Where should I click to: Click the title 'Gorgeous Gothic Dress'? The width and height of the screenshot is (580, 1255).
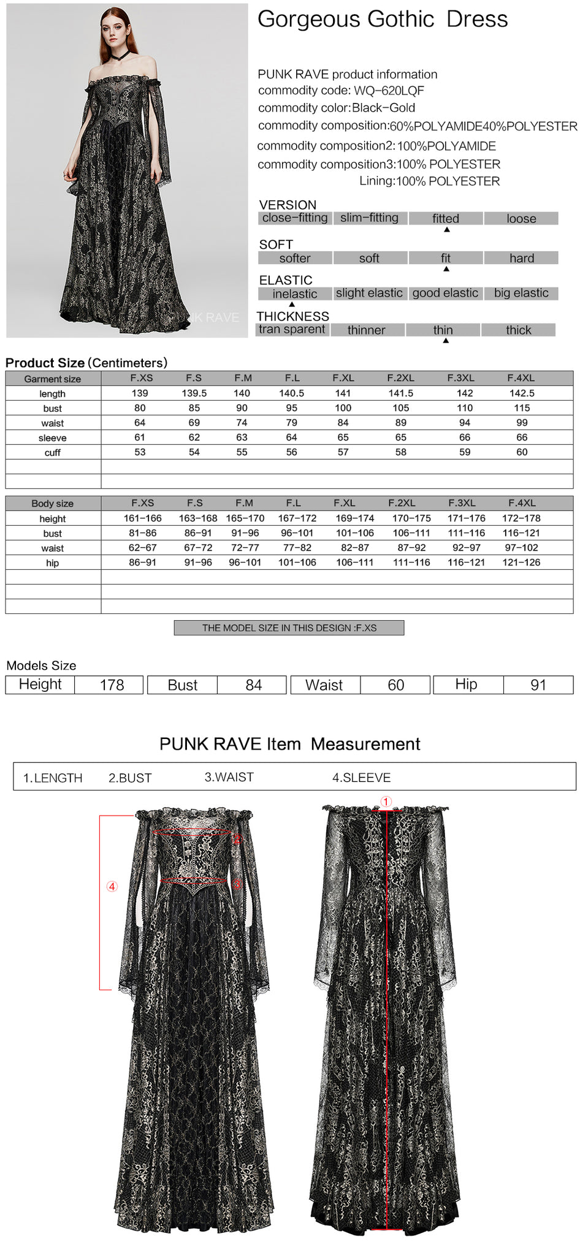(x=382, y=20)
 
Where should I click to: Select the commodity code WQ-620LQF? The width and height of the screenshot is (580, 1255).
(x=389, y=91)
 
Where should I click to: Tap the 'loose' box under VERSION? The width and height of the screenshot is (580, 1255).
(x=521, y=219)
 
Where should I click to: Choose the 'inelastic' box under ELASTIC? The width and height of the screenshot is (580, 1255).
(x=294, y=294)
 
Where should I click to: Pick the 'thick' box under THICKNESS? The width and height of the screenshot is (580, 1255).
(x=518, y=330)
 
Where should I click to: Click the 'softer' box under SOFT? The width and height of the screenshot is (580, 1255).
(x=294, y=259)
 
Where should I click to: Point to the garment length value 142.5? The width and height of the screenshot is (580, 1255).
(x=522, y=393)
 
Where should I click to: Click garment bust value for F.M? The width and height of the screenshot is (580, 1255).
(x=242, y=408)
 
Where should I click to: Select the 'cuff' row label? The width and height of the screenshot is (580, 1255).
(x=53, y=453)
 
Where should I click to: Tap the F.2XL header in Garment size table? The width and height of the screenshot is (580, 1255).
(x=400, y=378)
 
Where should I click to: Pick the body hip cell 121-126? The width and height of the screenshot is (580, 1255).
(x=521, y=563)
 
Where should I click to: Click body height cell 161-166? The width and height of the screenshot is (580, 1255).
(x=143, y=518)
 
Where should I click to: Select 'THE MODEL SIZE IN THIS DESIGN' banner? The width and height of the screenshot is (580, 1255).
(x=289, y=628)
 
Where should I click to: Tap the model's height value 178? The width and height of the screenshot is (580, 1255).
(x=112, y=685)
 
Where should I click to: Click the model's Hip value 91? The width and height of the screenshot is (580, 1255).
(x=538, y=685)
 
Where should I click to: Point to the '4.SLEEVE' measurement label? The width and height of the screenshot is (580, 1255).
(x=361, y=778)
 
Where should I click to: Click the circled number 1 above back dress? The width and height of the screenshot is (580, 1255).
(x=386, y=802)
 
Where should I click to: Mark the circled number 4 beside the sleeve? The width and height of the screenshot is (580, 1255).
(x=112, y=887)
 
